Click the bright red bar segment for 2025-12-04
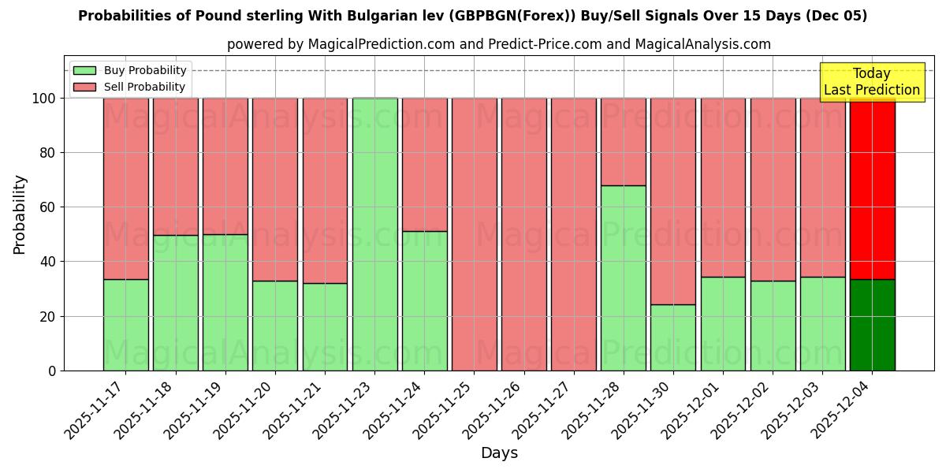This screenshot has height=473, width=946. coord(872,188)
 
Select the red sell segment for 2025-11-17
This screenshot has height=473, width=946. coord(125,188)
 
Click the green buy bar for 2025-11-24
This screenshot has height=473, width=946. coord(424,300)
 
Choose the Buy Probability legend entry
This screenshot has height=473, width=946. coord(130,71)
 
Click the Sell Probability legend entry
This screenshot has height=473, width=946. coord(130,88)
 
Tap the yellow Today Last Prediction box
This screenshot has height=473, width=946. coord(871,82)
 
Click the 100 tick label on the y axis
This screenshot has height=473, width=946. coord(43,99)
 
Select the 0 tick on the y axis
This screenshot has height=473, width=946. coord(52,371)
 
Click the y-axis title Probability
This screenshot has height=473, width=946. coord(20,214)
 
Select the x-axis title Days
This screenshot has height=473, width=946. coord(499,453)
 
